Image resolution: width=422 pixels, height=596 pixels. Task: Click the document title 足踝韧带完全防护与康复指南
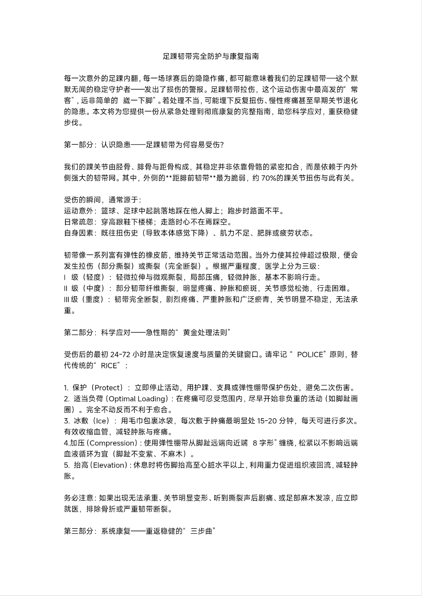click(x=211, y=56)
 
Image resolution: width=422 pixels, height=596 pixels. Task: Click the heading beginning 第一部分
click(x=144, y=145)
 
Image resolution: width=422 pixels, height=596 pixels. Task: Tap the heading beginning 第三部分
click(x=140, y=531)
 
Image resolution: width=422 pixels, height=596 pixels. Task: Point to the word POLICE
click(x=310, y=355)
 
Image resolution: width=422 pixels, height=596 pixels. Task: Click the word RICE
click(x=109, y=366)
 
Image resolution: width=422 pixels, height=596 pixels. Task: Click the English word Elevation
click(x=109, y=465)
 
